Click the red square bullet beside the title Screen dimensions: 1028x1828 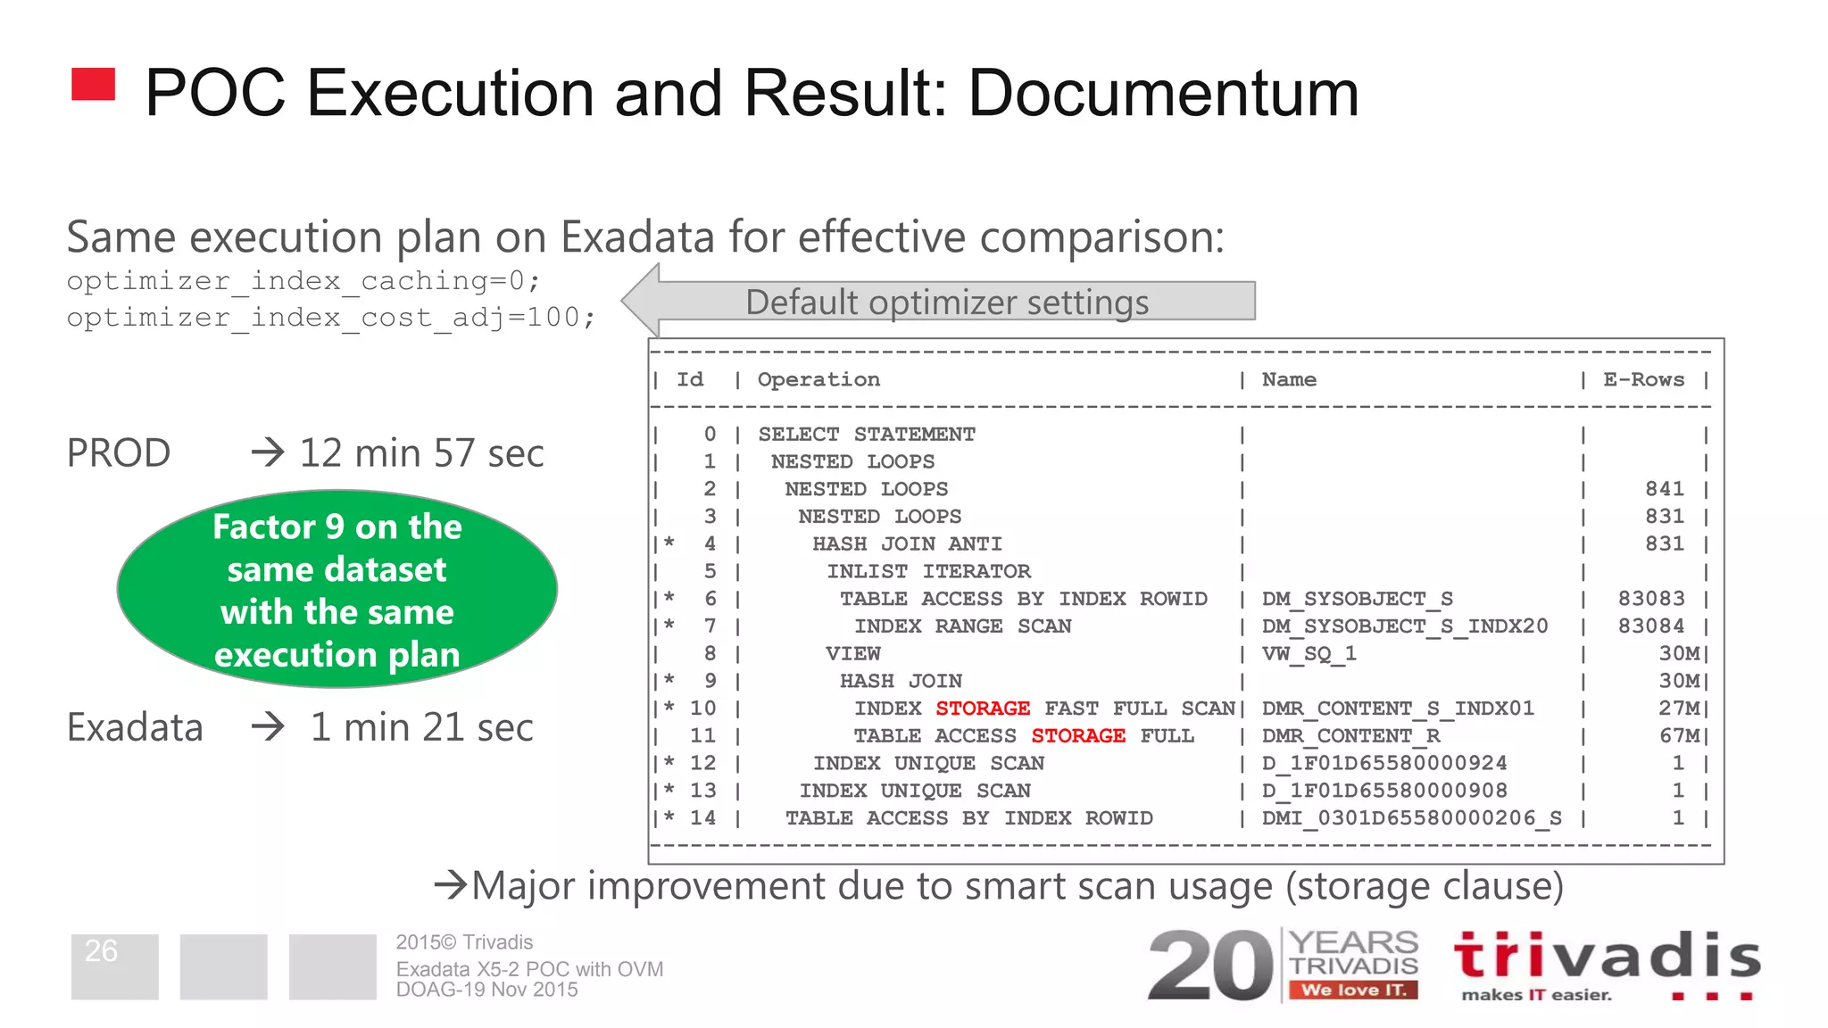tap(94, 85)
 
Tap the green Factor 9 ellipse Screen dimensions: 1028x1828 tap(337, 589)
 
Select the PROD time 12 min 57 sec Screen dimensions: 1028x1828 tap(421, 453)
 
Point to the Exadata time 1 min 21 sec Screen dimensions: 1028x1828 tap(421, 727)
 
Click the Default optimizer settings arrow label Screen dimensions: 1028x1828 tap(947, 303)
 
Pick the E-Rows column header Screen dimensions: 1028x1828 tap(1643, 379)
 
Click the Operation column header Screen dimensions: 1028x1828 tap(818, 379)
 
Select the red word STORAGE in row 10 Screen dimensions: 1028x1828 tap(983, 709)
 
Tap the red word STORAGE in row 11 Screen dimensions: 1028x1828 tap(1078, 736)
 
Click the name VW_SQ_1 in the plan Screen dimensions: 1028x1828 tap(1309, 654)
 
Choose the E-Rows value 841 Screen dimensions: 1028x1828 tap(1665, 489)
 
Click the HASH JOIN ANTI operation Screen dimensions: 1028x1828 tap(907, 544)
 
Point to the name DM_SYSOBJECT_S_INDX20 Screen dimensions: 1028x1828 tap(1404, 626)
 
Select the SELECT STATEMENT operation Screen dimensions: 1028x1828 tap(867, 435)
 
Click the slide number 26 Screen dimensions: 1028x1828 tap(101, 951)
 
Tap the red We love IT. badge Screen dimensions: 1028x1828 tap(1353, 990)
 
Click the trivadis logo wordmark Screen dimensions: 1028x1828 tap(1607, 957)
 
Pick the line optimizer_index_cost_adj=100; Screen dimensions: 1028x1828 tap(330, 318)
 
